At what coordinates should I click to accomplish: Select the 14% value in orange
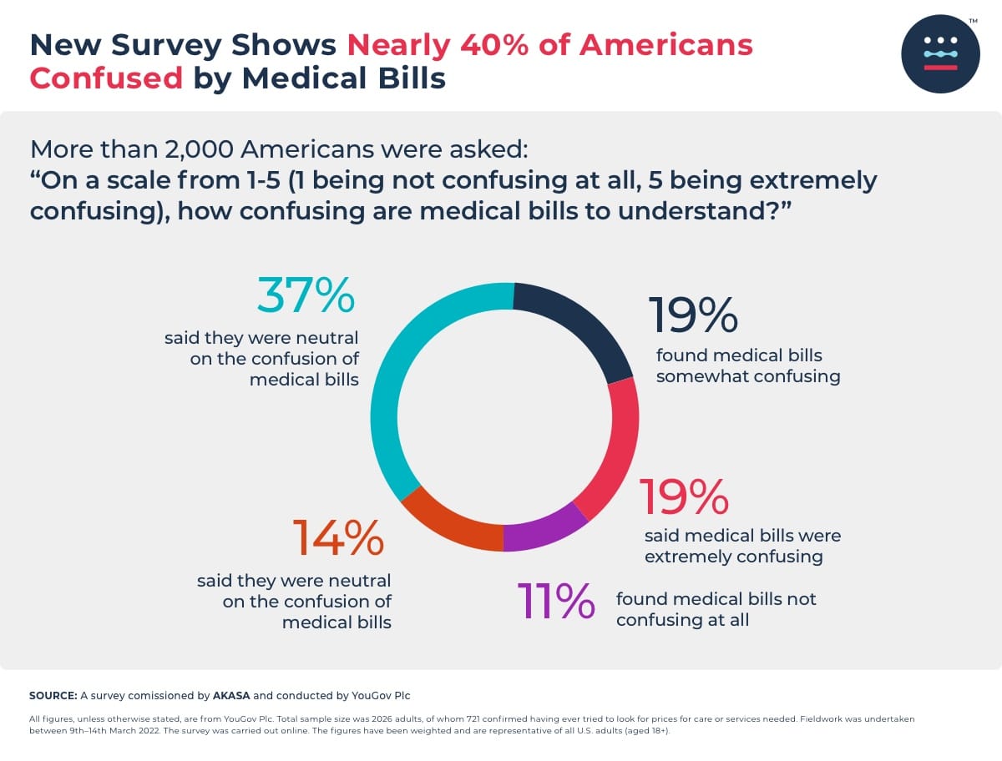tap(337, 538)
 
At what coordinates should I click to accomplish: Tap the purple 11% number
tap(555, 601)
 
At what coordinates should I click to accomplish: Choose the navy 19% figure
tap(693, 315)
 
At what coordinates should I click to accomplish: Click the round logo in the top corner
tap(940, 54)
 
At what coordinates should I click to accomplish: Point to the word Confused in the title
tap(106, 78)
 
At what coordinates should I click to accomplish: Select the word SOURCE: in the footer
tap(53, 695)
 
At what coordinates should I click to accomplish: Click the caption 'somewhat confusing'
tap(747, 376)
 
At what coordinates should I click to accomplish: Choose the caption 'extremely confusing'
tap(733, 557)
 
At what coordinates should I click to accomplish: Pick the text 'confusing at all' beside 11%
tap(682, 620)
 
